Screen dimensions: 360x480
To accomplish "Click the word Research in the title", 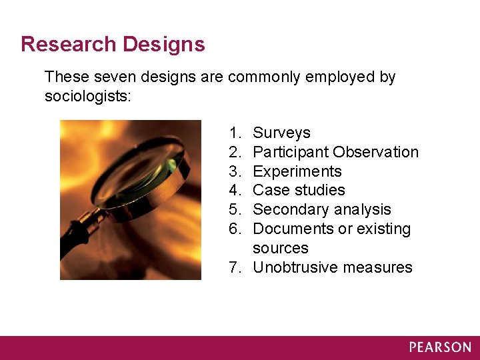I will [67, 45].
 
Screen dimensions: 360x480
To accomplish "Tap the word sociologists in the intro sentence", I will [87, 97].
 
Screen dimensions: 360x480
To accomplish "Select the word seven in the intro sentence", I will [109, 77].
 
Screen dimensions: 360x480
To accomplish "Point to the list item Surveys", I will [281, 133].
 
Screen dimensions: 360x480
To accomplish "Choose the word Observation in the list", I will [376, 153].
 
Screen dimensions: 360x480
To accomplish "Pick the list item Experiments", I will [297, 172].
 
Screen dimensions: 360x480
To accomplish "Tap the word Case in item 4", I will [269, 191].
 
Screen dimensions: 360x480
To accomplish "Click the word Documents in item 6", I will [293, 229].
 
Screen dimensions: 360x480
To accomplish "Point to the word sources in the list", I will [281, 249].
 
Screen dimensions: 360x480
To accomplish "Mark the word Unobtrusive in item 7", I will [295, 268].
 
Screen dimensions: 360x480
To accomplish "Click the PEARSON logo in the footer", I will [440, 347].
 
